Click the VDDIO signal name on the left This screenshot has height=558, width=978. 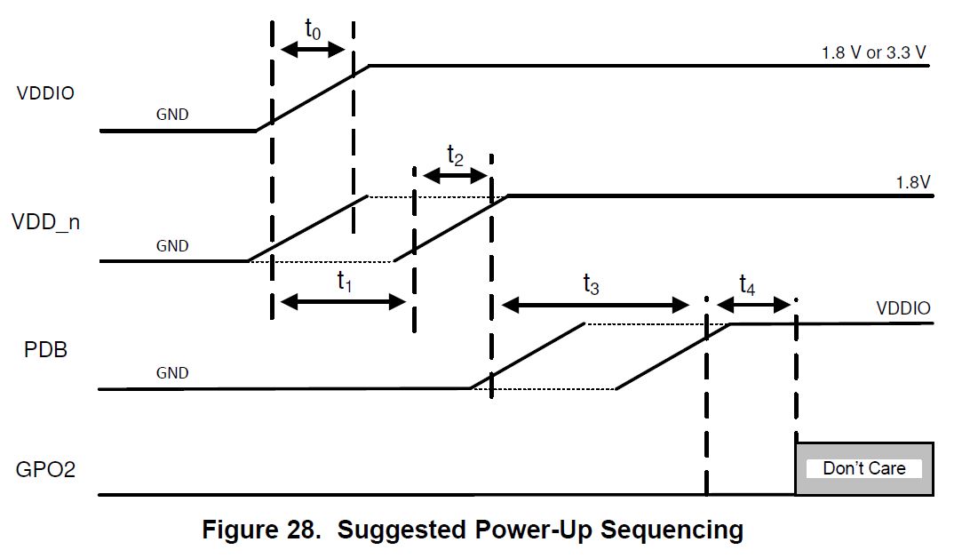click(44, 92)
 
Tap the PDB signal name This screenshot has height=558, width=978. click(45, 349)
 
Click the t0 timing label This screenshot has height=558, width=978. click(314, 28)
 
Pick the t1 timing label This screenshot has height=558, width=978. click(345, 282)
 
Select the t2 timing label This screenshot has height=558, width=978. click(455, 157)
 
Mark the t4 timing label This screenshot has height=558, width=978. click(748, 285)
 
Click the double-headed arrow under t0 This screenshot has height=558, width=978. click(312, 51)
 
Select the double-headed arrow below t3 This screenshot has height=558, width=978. click(595, 306)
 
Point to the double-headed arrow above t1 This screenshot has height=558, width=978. click(343, 303)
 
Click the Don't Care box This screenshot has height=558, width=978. click(863, 468)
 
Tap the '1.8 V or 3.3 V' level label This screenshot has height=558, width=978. click(874, 52)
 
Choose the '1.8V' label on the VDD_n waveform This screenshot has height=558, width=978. click(911, 182)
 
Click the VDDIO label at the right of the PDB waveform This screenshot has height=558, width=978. click(903, 309)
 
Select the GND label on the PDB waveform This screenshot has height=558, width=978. click(172, 373)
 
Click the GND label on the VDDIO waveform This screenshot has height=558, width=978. click(172, 115)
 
